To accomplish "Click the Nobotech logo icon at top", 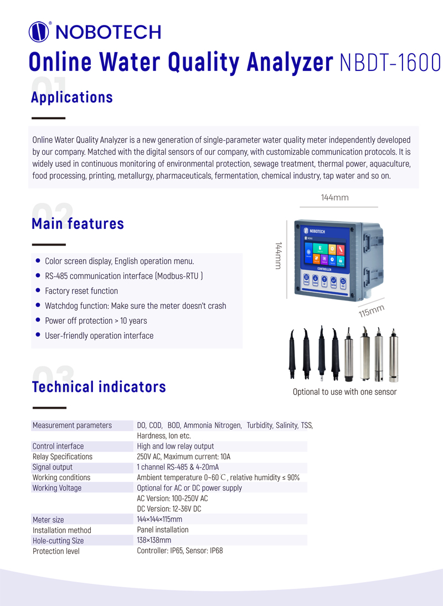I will [x=39, y=32].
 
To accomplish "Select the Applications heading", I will [x=72, y=97].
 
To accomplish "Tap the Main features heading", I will [x=78, y=223].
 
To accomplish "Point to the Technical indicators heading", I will [x=99, y=386].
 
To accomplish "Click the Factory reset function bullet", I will [x=81, y=291].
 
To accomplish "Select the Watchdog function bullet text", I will [x=135, y=305].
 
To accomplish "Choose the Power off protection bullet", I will [x=96, y=320].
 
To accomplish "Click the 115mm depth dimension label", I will [x=371, y=311].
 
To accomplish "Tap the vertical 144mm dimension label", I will [x=279, y=256].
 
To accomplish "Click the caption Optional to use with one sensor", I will [x=344, y=392].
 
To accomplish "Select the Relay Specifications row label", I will [x=63, y=456].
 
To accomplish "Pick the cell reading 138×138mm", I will [x=154, y=540].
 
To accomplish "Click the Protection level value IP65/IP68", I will [x=180, y=551].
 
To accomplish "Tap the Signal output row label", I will [x=53, y=467].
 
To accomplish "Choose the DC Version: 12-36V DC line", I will [x=169, y=508].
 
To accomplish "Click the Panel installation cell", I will [x=163, y=529].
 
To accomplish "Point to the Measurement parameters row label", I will [x=72, y=425].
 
